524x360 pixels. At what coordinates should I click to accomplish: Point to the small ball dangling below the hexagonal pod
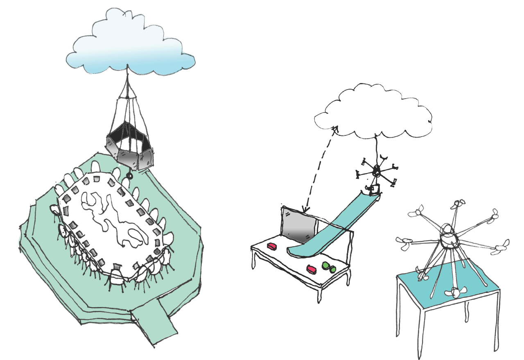(x=129, y=176)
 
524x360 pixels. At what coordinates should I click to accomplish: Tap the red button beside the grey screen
(x=272, y=246)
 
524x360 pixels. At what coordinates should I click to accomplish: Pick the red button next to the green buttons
(x=312, y=269)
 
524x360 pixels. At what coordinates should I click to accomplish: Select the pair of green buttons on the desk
(x=329, y=267)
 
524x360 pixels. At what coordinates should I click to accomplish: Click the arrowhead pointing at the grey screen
(x=303, y=210)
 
